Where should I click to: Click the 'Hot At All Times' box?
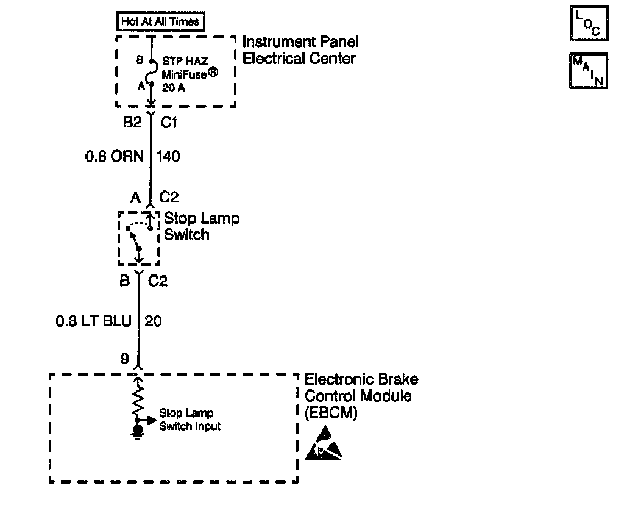coord(161,22)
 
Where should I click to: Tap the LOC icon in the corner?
coord(588,24)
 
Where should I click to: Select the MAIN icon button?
coord(588,71)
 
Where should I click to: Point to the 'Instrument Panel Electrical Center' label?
coord(300,50)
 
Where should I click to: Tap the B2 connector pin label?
coord(132,123)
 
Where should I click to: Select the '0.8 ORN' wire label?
coord(114,157)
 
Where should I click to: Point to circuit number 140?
coord(169,157)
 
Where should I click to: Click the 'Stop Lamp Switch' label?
coord(201,226)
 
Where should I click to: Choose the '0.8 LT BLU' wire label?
coord(93,321)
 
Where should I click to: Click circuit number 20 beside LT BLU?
coord(154,321)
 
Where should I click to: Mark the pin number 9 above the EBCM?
coord(125,359)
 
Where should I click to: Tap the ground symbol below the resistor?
coord(138,432)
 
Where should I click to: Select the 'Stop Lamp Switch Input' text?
coord(190,420)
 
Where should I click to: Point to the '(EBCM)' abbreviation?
coord(330,412)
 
